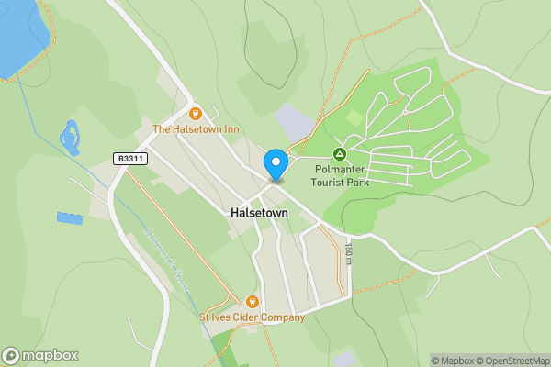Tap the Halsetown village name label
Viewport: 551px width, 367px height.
tap(258, 212)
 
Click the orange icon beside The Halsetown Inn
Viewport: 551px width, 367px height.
tap(195, 114)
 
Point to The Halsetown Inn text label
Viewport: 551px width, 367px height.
tap(196, 130)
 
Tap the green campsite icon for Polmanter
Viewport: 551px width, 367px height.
tap(339, 154)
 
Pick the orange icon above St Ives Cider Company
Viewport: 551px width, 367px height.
tap(253, 301)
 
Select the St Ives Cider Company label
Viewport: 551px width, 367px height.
tap(252, 317)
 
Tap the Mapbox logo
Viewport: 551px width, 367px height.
tap(40, 356)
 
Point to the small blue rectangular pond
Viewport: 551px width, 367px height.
tap(69, 218)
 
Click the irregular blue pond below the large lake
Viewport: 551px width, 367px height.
tap(69, 139)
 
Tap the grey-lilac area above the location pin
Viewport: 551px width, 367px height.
tap(295, 123)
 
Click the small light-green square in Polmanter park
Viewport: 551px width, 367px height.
tap(354, 117)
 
